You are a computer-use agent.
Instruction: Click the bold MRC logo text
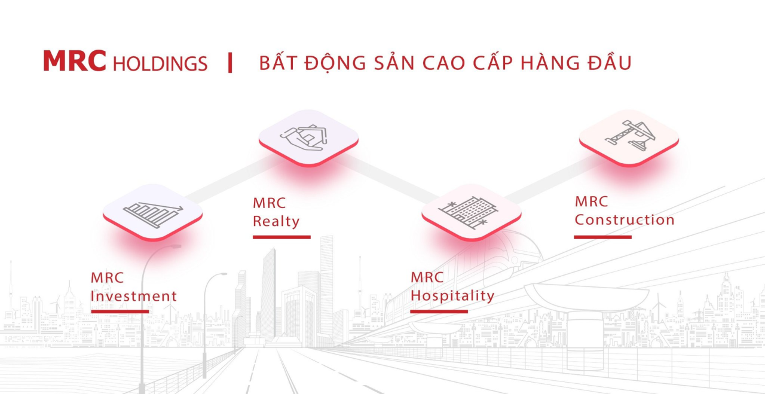point(75,61)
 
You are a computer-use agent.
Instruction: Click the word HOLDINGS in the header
point(160,63)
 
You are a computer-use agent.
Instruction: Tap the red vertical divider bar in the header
point(230,63)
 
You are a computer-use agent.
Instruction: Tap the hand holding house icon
point(304,138)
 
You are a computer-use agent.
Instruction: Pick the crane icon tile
point(629,138)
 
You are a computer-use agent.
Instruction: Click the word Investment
point(133,296)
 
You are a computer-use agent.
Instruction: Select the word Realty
point(276,221)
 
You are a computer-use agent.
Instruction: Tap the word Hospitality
point(452,295)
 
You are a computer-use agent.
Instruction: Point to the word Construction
point(625,220)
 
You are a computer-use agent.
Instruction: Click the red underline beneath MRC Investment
point(120,311)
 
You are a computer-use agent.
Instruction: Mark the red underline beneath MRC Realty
point(281,237)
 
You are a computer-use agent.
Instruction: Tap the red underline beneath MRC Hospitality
point(439,311)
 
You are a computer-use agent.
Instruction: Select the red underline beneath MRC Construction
point(603,237)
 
